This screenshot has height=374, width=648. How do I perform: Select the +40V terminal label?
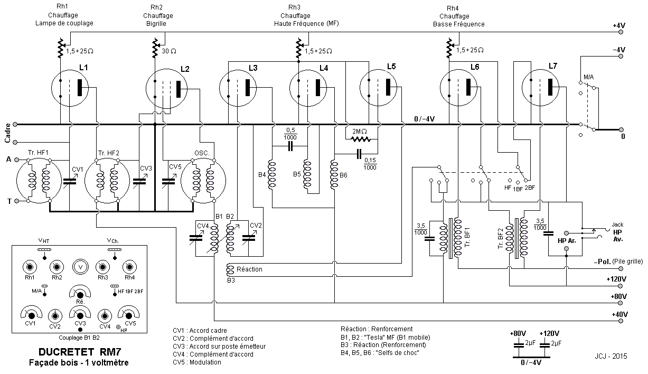pos(618,314)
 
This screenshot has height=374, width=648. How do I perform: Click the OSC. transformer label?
pos(202,153)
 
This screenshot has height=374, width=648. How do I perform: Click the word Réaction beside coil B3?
pos(249,269)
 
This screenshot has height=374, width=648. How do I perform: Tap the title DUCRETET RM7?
pos(78,352)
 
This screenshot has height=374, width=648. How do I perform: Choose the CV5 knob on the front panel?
pos(128,315)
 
